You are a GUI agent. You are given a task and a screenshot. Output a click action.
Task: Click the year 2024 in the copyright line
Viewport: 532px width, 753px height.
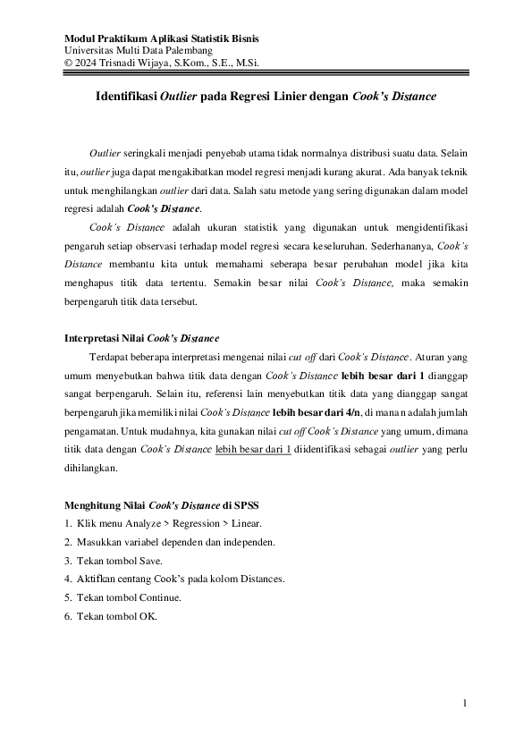[90, 63]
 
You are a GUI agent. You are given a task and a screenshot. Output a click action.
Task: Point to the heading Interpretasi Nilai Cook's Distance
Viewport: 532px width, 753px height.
[142, 338]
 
